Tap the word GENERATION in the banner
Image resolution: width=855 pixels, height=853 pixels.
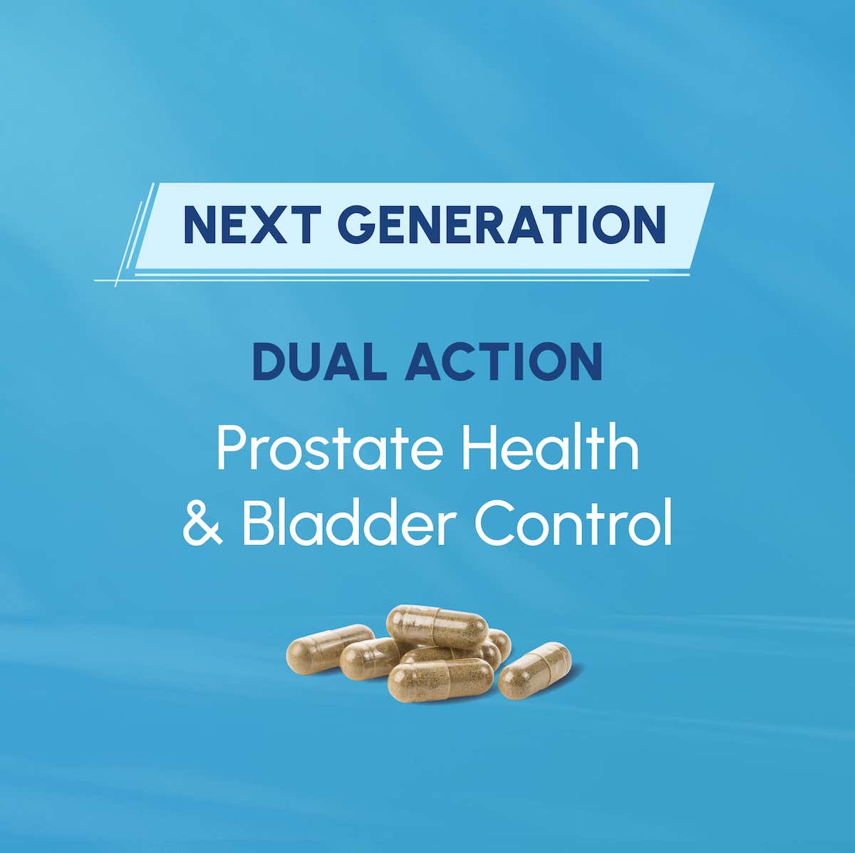click(502, 224)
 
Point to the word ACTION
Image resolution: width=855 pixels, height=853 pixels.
click(504, 362)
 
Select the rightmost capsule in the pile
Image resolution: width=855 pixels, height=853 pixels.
click(534, 671)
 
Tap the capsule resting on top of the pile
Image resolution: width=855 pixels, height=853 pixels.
click(437, 625)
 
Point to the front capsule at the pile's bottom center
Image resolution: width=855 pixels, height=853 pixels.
click(440, 680)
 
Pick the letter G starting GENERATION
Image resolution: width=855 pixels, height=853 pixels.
click(356, 224)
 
